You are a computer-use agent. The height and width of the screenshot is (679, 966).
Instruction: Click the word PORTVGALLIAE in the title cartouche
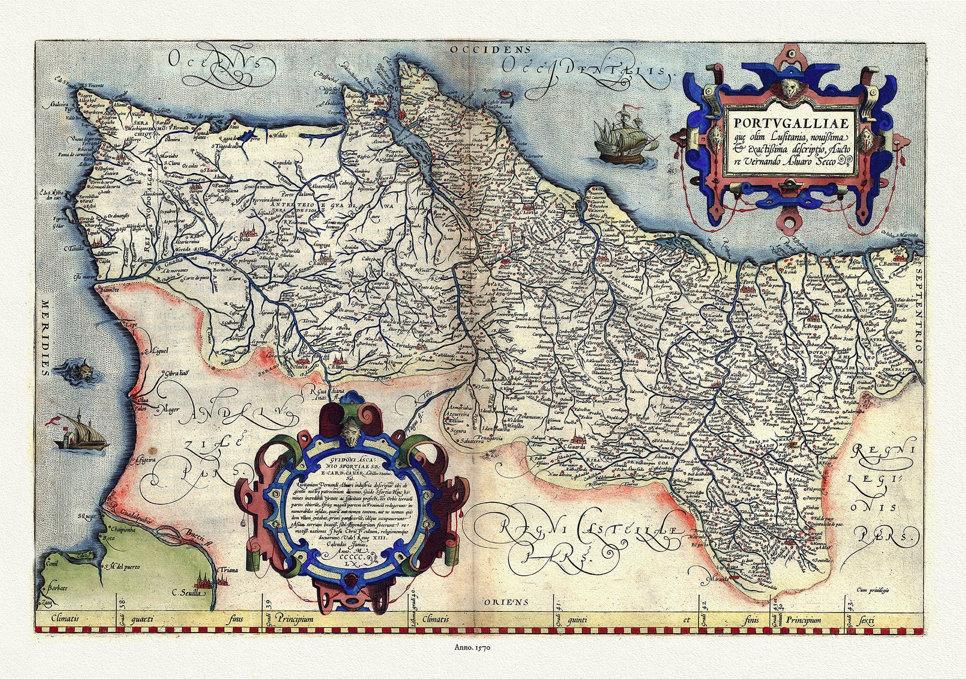point(789,122)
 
